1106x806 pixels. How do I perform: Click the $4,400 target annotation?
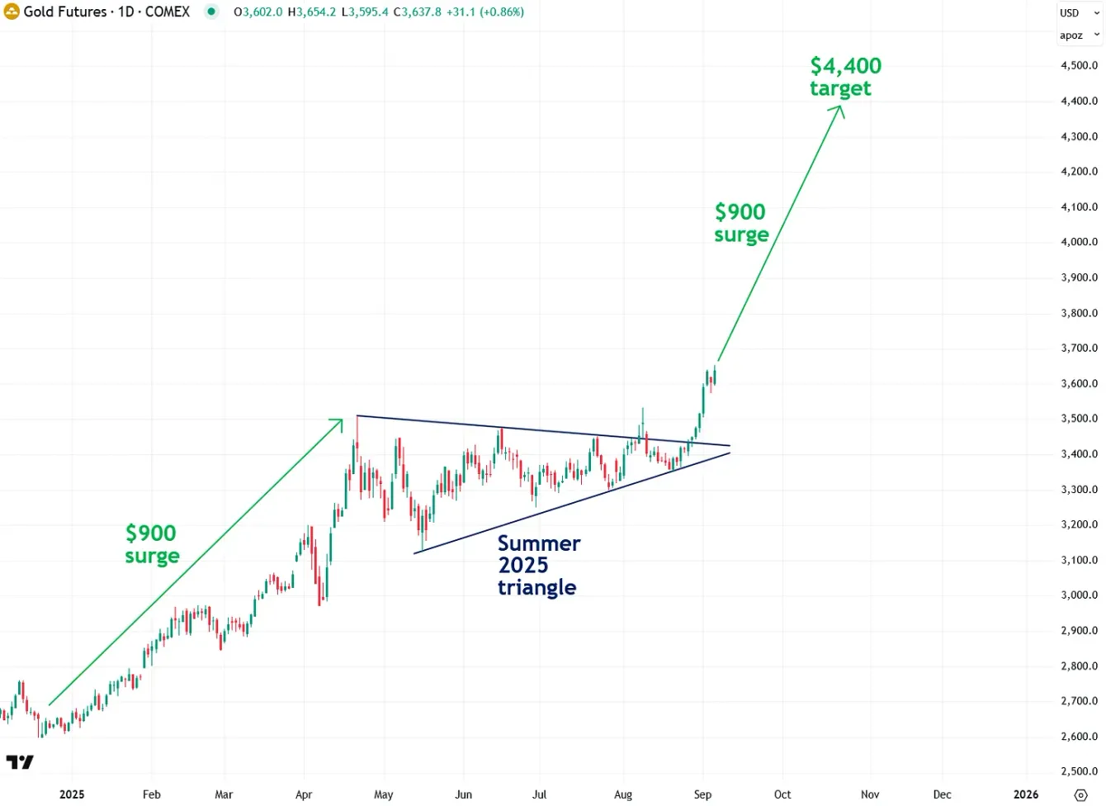click(844, 77)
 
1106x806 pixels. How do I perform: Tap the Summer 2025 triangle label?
click(538, 566)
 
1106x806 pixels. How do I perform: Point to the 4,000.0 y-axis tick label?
click(1079, 242)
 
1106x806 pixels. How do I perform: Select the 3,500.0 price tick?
click(1079, 419)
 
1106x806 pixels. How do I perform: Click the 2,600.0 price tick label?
click(1079, 737)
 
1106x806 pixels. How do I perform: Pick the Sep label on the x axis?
click(702, 794)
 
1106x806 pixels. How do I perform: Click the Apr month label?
click(304, 794)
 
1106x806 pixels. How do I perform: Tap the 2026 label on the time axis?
click(1026, 794)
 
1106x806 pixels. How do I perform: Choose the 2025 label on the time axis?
click(72, 794)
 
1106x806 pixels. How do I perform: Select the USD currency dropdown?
click(1079, 12)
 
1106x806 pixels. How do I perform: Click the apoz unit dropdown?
click(1079, 36)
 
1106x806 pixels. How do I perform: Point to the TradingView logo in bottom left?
click(20, 761)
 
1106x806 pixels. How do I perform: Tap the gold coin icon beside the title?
click(12, 12)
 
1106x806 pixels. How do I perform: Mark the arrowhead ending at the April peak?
click(338, 422)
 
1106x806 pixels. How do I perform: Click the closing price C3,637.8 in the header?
click(417, 12)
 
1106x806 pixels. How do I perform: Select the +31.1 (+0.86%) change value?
click(485, 12)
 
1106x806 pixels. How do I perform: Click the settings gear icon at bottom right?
click(1080, 795)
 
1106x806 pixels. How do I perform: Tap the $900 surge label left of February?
click(152, 544)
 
